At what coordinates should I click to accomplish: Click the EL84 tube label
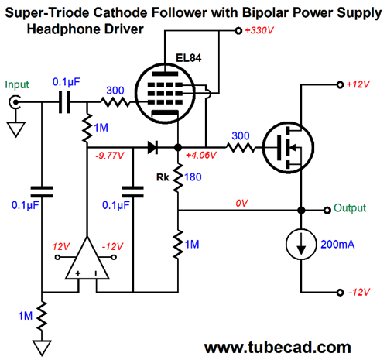pyautogui.click(x=188, y=58)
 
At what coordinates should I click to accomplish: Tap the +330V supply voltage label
pyautogui.click(x=259, y=30)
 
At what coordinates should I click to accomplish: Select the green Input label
pyautogui.click(x=17, y=85)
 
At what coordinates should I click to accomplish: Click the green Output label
pyautogui.click(x=350, y=207)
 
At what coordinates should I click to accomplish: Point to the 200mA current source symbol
pyautogui.click(x=301, y=244)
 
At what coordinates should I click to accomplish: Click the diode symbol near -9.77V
pyautogui.click(x=152, y=148)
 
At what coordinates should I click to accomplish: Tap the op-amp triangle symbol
pyautogui.click(x=87, y=258)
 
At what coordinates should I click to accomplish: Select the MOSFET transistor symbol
pyautogui.click(x=288, y=147)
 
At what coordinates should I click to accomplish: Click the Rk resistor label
pyautogui.click(x=163, y=177)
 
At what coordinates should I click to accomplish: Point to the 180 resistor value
pyautogui.click(x=193, y=177)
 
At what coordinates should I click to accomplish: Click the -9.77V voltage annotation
pyautogui.click(x=110, y=156)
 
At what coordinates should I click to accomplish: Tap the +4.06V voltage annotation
pyautogui.click(x=201, y=155)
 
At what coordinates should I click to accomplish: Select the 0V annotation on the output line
pyautogui.click(x=241, y=204)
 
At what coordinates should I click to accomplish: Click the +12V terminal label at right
pyautogui.click(x=358, y=84)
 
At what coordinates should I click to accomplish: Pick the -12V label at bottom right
pyautogui.click(x=359, y=292)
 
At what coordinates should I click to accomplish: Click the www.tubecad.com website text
pyautogui.click(x=278, y=348)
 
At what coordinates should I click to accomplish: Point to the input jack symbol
pyautogui.click(x=14, y=102)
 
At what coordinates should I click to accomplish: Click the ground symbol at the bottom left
pyautogui.click(x=42, y=348)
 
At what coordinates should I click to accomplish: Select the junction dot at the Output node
pyautogui.click(x=301, y=211)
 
